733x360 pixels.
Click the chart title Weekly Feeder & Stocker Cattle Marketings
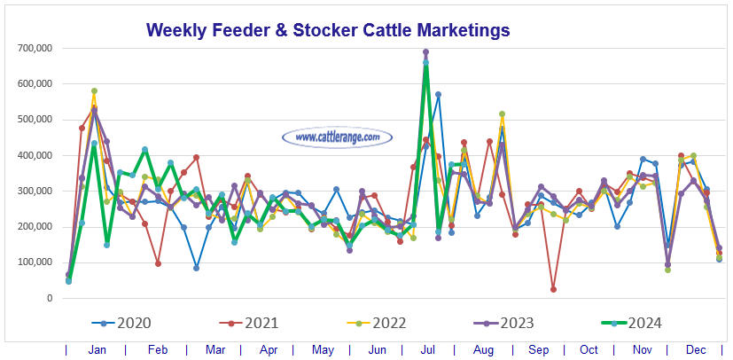click(x=328, y=30)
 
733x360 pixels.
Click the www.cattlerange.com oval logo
click(x=336, y=137)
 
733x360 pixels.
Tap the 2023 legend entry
click(x=523, y=324)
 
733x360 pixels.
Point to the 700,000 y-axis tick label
click(x=35, y=48)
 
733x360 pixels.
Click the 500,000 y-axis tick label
click(x=35, y=120)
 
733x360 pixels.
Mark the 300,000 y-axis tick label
click(x=35, y=191)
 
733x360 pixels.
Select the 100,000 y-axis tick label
click(x=35, y=262)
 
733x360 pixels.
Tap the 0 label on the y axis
click(x=51, y=298)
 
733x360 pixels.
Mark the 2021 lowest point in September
click(x=553, y=289)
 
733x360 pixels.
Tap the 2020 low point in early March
click(x=196, y=267)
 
